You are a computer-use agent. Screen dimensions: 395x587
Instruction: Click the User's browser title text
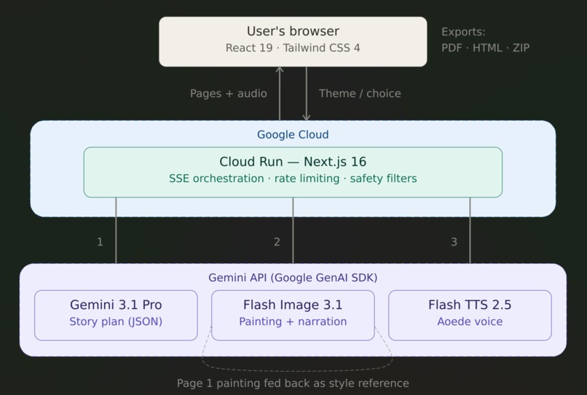click(293, 31)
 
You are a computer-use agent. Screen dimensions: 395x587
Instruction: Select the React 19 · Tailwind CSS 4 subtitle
click(293, 48)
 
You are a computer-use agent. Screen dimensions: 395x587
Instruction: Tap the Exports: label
click(463, 32)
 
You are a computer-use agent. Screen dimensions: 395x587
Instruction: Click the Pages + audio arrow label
click(228, 93)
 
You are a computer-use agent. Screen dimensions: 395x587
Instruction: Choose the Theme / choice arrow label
click(360, 93)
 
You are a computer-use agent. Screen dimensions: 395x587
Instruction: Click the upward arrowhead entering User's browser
click(280, 70)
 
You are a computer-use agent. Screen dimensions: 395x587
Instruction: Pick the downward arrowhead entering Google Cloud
click(307, 117)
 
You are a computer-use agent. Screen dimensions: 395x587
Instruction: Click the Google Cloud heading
click(293, 135)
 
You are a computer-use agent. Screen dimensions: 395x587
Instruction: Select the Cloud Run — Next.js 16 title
click(293, 162)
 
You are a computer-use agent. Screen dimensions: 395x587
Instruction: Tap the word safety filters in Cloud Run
click(383, 179)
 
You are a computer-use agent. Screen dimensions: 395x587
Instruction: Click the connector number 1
click(100, 242)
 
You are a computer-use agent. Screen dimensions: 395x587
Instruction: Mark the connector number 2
click(277, 242)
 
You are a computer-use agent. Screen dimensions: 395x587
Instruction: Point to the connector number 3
click(454, 242)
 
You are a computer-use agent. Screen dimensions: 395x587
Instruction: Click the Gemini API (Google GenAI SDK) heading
click(293, 278)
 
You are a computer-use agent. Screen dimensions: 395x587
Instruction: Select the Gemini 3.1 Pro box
click(116, 315)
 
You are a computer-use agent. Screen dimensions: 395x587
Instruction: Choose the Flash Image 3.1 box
click(293, 315)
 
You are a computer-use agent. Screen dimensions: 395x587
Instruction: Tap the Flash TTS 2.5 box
click(470, 315)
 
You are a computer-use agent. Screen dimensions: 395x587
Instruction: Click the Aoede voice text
click(470, 321)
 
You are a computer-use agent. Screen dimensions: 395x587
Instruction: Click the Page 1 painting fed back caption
click(293, 383)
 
